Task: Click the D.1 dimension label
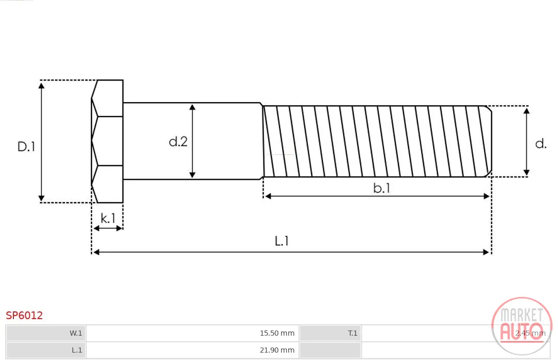pyautogui.click(x=26, y=147)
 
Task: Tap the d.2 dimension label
pyautogui.click(x=178, y=141)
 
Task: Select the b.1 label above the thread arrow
pyautogui.click(x=381, y=188)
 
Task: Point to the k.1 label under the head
pyautogui.click(x=108, y=218)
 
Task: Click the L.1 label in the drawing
pyautogui.click(x=282, y=241)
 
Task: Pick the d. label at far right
pyautogui.click(x=540, y=144)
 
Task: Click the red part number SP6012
pyautogui.click(x=24, y=316)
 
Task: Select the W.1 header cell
pyautogui.click(x=46, y=333)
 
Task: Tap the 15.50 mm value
pyautogui.click(x=277, y=333)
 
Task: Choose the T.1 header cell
pyautogui.click(x=331, y=333)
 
